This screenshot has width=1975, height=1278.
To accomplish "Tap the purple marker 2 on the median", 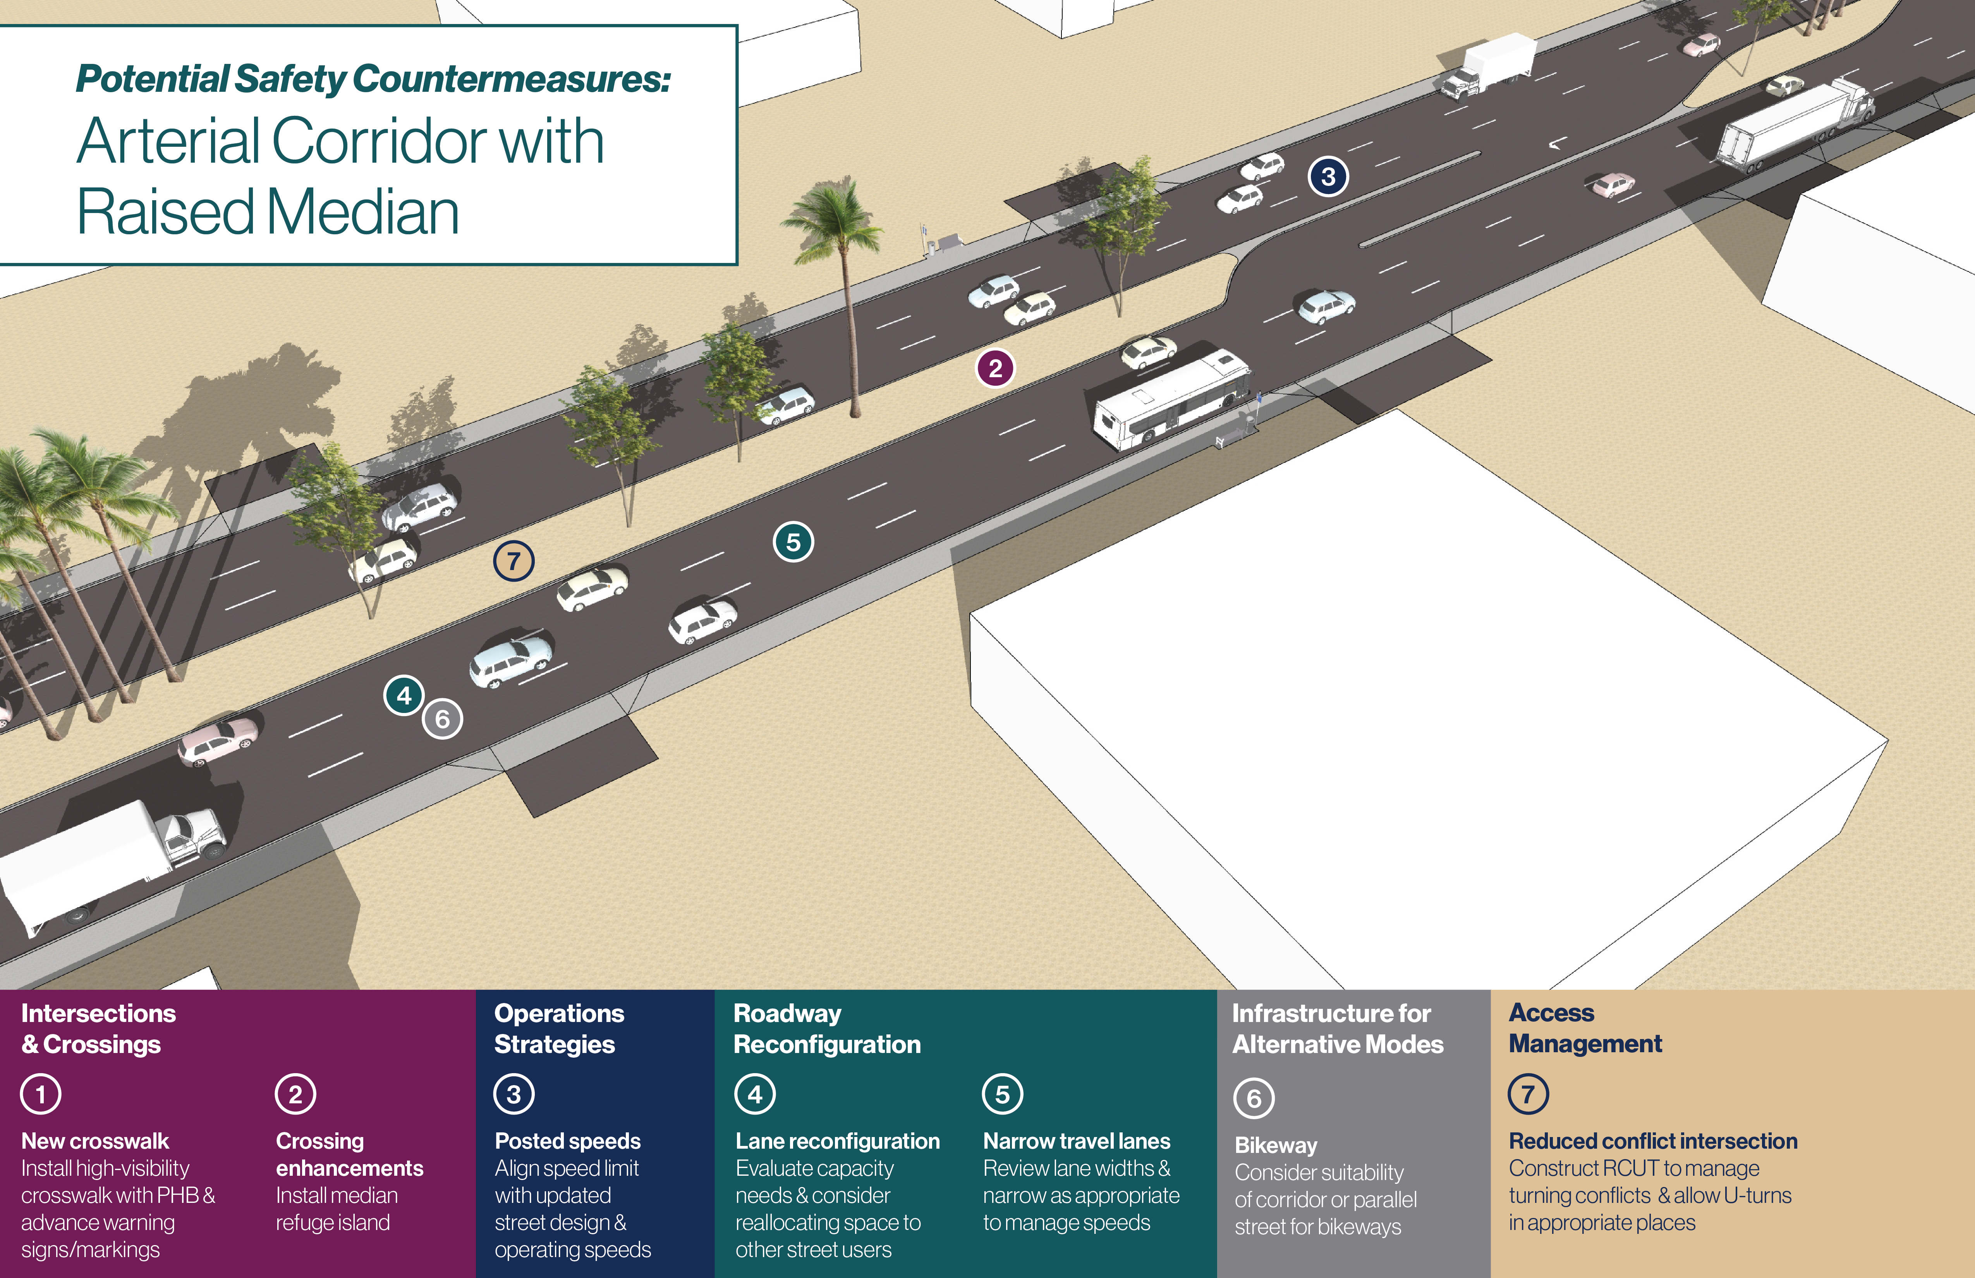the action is tap(995, 368).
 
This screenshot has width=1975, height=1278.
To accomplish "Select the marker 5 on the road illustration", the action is tap(793, 542).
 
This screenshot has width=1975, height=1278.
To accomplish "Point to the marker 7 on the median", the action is tap(513, 561).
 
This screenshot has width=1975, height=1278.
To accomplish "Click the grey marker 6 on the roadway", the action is tap(442, 719).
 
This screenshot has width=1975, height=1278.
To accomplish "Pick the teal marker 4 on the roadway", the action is tap(404, 696).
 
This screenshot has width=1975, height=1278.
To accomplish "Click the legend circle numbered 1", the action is tap(41, 1094).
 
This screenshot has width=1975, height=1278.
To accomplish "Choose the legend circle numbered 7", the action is tap(1528, 1094).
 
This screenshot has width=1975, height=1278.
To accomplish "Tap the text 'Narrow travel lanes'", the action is tap(1076, 1141).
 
